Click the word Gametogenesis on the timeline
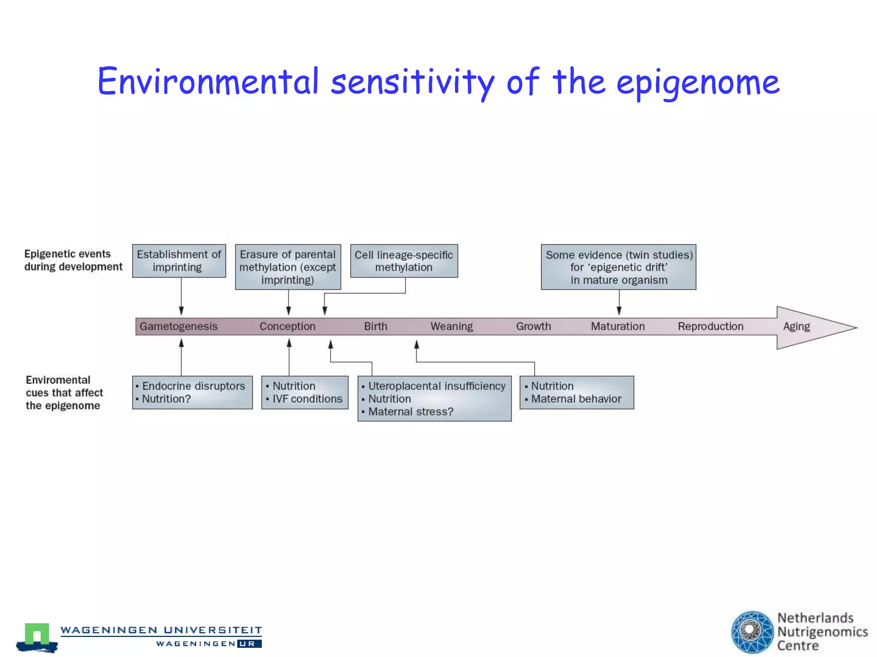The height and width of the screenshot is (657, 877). (x=179, y=326)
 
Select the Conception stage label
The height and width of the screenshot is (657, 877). (x=287, y=326)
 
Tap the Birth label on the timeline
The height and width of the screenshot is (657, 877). (x=376, y=326)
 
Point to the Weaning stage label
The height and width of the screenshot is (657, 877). (x=451, y=326)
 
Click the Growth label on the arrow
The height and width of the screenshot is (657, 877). (x=533, y=326)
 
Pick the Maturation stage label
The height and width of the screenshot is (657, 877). (x=617, y=326)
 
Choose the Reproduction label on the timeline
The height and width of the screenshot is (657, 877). (x=710, y=326)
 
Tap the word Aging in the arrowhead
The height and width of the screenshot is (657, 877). (x=796, y=326)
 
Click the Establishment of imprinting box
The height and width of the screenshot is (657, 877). (x=179, y=261)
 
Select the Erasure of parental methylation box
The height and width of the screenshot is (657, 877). (x=288, y=267)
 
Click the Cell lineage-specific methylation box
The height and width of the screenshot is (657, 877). (x=404, y=261)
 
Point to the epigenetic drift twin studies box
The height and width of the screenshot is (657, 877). (x=618, y=267)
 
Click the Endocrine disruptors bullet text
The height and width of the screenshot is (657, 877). (x=194, y=386)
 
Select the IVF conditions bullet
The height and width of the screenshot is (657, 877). (x=307, y=399)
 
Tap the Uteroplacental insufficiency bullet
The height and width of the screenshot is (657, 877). (x=437, y=386)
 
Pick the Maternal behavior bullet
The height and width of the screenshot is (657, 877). (x=576, y=399)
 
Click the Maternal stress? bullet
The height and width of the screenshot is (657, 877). (x=410, y=411)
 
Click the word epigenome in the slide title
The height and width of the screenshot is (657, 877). (x=698, y=82)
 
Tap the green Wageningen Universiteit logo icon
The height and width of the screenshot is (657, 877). (x=37, y=636)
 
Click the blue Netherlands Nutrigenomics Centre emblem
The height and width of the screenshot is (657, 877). (x=752, y=632)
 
